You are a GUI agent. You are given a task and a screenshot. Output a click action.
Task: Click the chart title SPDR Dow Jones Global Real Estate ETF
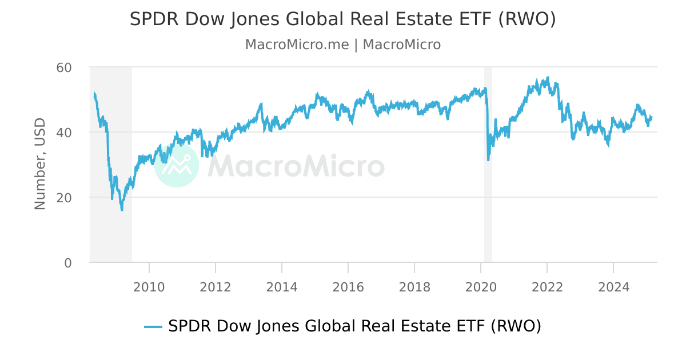coord(342,19)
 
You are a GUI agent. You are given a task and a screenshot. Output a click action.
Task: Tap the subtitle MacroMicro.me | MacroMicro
coord(342,45)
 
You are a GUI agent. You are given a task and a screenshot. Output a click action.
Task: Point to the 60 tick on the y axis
coord(64,67)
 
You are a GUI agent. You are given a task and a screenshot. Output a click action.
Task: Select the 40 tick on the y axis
coord(64,133)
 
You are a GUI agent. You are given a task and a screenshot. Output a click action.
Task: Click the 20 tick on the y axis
coord(64,198)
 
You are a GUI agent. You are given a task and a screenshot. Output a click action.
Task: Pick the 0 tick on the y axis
coord(68,263)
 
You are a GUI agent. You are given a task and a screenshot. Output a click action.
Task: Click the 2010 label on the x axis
coord(149,286)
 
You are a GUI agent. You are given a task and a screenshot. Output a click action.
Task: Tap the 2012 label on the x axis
coord(216,286)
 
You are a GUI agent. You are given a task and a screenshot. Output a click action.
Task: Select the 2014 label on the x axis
coord(282,286)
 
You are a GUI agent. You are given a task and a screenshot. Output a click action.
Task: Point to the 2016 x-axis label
coord(348,286)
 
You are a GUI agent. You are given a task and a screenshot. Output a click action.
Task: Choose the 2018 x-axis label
coord(414,286)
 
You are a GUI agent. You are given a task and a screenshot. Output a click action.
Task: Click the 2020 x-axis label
coord(481,286)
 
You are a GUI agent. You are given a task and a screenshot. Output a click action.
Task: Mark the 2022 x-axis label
coord(547,286)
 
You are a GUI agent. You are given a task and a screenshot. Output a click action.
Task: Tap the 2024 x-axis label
coord(613,286)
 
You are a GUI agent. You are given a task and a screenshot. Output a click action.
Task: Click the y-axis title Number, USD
coord(40,164)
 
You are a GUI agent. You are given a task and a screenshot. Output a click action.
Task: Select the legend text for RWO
coord(354,326)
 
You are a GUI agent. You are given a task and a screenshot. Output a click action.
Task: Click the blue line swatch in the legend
coord(153,327)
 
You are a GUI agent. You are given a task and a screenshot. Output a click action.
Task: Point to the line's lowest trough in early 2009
coord(122,210)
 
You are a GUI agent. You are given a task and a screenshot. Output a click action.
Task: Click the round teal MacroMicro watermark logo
coord(177,165)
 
